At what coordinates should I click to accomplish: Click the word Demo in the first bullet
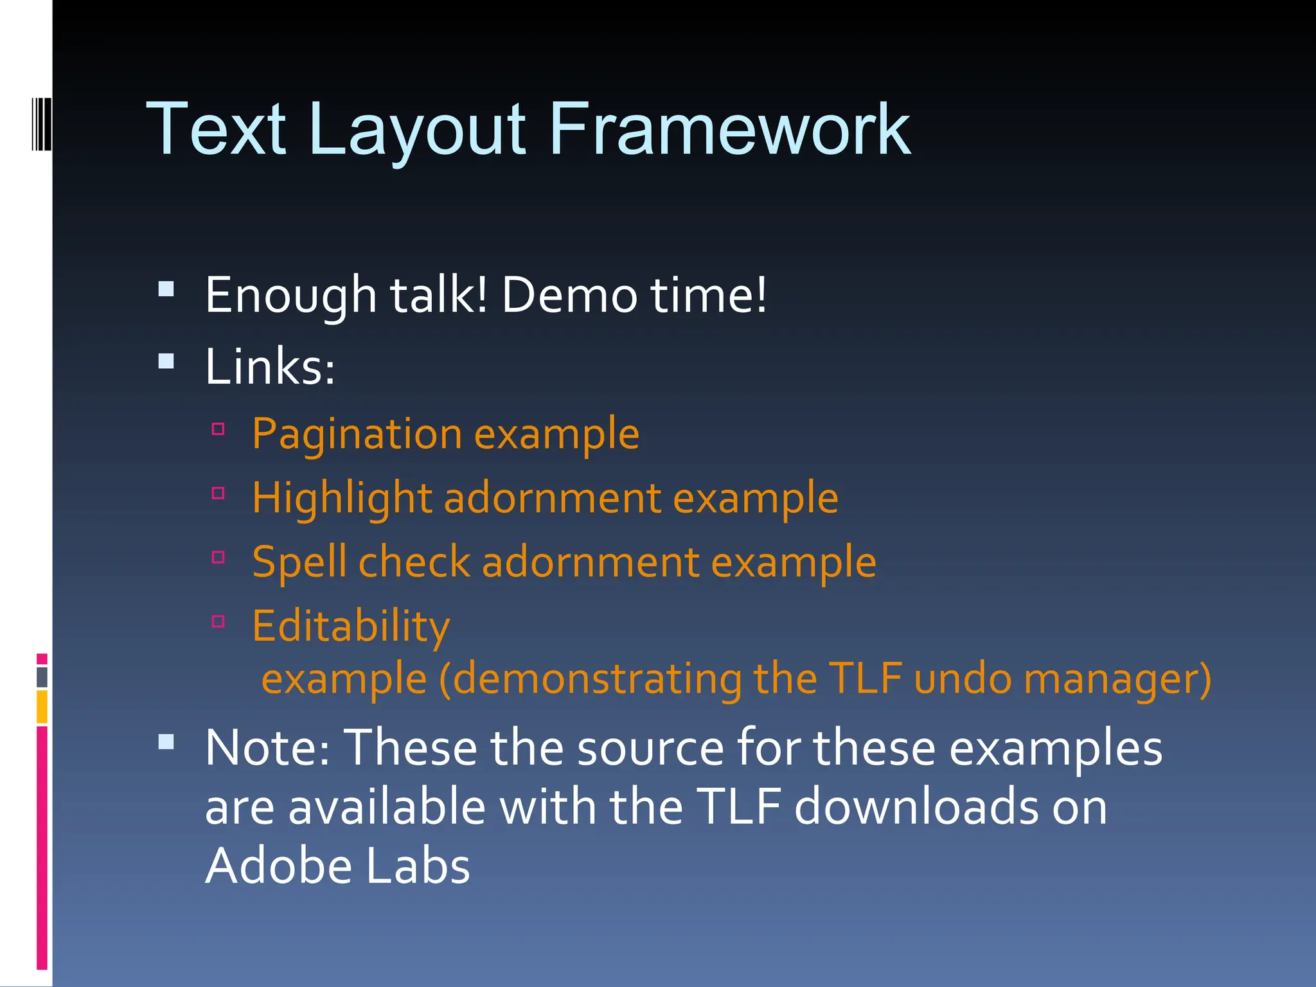pyautogui.click(x=569, y=296)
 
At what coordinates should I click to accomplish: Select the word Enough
pyautogui.click(x=290, y=296)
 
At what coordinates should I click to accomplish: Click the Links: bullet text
pyautogui.click(x=270, y=367)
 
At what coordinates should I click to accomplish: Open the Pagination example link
pyautogui.click(x=445, y=434)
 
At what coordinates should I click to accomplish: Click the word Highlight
pyautogui.click(x=341, y=499)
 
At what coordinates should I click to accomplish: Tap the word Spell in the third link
pyautogui.click(x=299, y=562)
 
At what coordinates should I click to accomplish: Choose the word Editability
pyautogui.click(x=351, y=626)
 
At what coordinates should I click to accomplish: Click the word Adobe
pyautogui.click(x=279, y=866)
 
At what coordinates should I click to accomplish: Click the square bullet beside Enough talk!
pyautogui.click(x=166, y=289)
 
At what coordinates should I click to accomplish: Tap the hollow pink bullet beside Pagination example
pyautogui.click(x=218, y=429)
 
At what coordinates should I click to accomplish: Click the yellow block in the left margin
pyautogui.click(x=42, y=706)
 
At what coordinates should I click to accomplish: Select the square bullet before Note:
pyautogui.click(x=166, y=742)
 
